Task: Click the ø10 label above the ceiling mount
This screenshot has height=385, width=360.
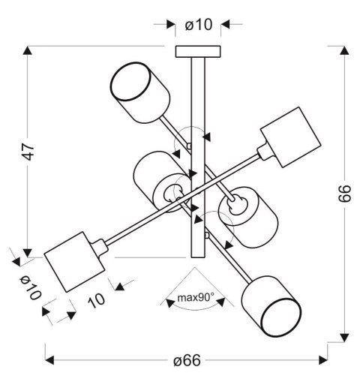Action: click(x=199, y=25)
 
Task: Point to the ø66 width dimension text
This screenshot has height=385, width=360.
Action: click(x=187, y=361)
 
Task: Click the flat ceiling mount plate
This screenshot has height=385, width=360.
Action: click(x=199, y=52)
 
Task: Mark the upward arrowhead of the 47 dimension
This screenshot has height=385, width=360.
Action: click(x=28, y=53)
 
